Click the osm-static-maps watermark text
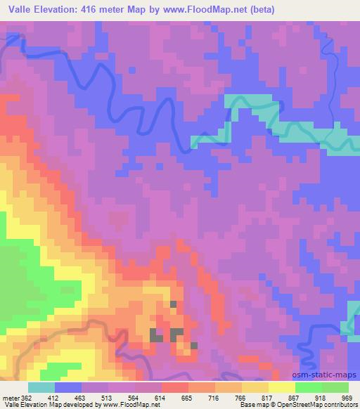coord(330,376)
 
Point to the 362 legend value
coord(27,397)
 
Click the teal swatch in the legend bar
coord(41,387)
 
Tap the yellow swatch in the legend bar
coord(282,387)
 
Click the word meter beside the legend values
coord(10,397)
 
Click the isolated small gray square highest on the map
coord(174,304)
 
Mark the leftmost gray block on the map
coord(155,335)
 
